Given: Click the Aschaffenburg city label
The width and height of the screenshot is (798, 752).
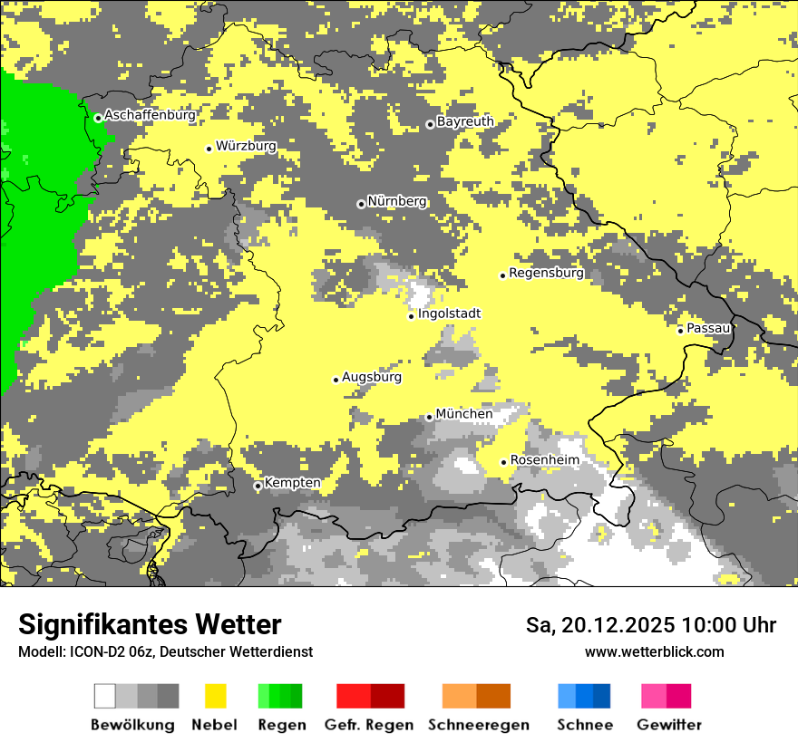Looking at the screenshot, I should tap(150, 115).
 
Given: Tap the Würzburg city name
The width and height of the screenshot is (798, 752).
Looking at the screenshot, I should tap(246, 146).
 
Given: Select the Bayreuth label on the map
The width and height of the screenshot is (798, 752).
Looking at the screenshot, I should tap(465, 121).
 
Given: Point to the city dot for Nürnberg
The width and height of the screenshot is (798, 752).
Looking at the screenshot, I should tap(361, 204).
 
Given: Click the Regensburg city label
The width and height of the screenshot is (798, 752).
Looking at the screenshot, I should tap(546, 273).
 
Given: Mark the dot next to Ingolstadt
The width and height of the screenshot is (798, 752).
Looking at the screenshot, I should tap(411, 316).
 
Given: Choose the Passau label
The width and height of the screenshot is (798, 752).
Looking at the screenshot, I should tap(708, 327).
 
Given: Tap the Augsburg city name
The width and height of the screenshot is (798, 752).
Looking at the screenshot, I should tap(372, 377).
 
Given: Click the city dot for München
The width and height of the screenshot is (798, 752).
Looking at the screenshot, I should tap(429, 417).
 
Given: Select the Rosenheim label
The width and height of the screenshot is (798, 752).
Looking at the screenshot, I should tap(544, 460).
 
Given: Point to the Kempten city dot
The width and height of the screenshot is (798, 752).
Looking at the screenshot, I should tap(258, 486).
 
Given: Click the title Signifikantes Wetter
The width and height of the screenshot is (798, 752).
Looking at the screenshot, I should tap(150, 624).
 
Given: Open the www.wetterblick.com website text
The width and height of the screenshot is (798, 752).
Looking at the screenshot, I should tap(654, 651).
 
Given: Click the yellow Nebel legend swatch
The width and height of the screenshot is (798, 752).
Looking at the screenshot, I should tap(215, 696).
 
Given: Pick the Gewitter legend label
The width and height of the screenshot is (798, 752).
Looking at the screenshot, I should tap(668, 725).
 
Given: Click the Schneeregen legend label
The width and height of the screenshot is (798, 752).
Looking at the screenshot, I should tap(479, 725).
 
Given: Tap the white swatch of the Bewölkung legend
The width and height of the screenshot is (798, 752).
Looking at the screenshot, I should tap(104, 696).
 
